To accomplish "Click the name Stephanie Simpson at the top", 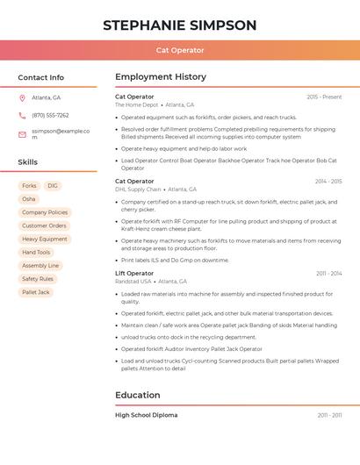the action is click(x=180, y=25).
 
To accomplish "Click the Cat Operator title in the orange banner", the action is click(x=180, y=51).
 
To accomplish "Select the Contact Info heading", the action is click(x=41, y=77).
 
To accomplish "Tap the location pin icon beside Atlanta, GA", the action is click(x=22, y=97).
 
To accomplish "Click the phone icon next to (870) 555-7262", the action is click(x=22, y=115).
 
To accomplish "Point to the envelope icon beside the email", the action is click(x=22, y=134).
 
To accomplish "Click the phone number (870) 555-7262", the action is click(x=50, y=115).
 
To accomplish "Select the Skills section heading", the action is click(x=28, y=162).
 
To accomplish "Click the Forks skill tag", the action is click(x=29, y=186).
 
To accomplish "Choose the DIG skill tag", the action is click(x=53, y=186).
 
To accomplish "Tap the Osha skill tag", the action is click(x=29, y=199).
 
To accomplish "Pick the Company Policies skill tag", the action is click(x=45, y=212).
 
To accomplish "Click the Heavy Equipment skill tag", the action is click(x=45, y=239).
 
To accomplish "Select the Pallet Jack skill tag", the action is click(x=36, y=292).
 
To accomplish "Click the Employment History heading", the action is click(x=161, y=76).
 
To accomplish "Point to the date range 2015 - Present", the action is click(x=324, y=97).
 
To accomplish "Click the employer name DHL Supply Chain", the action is click(x=139, y=190).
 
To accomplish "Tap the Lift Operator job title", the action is click(x=134, y=273).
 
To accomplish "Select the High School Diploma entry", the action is click(x=146, y=415).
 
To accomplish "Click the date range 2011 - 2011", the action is click(x=329, y=415).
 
